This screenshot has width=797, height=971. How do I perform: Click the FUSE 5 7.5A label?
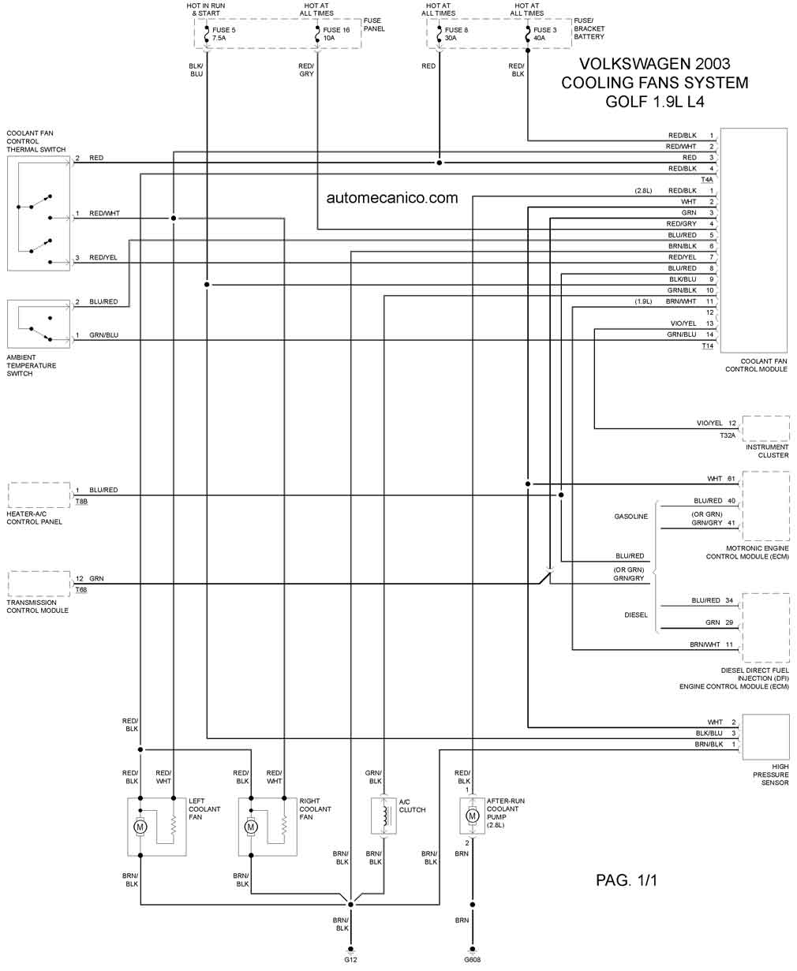click(x=225, y=34)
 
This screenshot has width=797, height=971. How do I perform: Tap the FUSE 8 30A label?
click(x=457, y=34)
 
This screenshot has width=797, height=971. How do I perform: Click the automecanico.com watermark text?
click(x=391, y=198)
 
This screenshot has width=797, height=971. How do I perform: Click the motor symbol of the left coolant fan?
click(x=140, y=827)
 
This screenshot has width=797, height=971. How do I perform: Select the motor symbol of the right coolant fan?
click(x=251, y=827)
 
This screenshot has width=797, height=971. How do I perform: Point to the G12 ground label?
click(x=350, y=960)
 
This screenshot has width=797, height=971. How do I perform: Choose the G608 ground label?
click(x=472, y=960)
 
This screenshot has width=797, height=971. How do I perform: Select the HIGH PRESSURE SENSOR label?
click(x=770, y=775)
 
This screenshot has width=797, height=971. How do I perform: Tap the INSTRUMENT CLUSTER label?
click(x=767, y=451)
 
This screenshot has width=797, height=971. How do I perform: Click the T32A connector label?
click(x=727, y=435)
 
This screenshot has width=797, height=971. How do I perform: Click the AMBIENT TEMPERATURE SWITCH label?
click(x=32, y=365)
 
